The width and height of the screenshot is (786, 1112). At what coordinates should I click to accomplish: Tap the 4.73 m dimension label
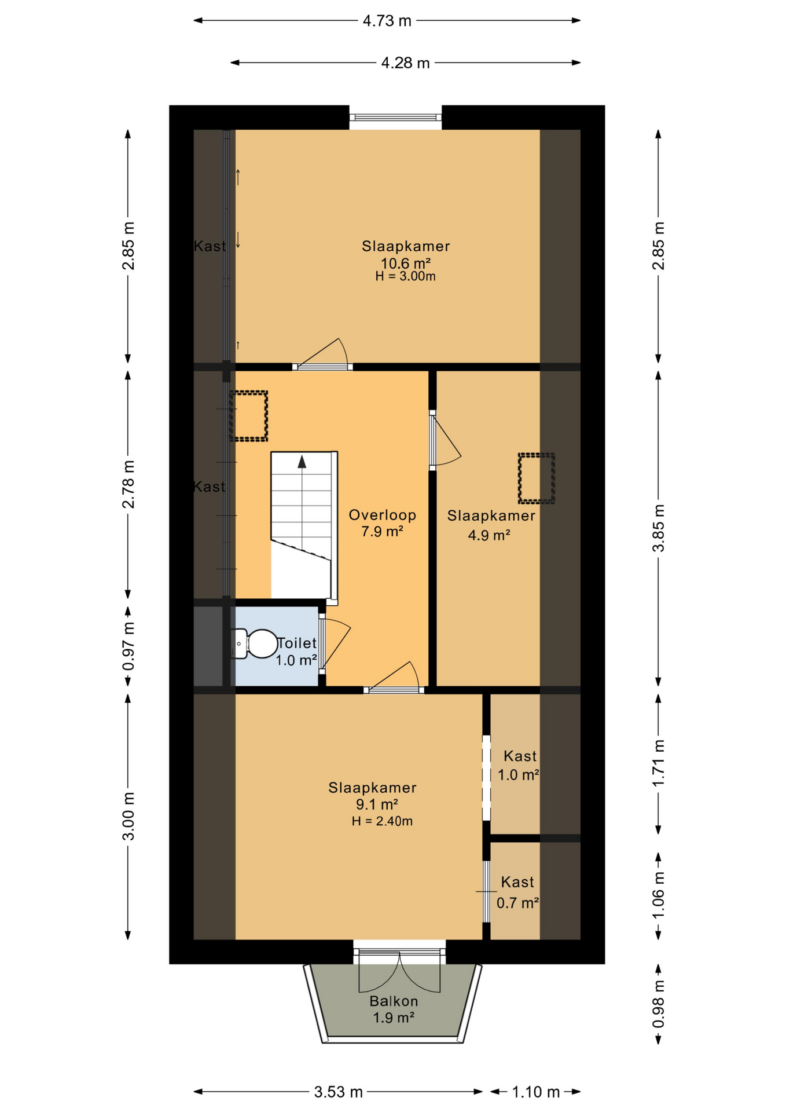point(387,21)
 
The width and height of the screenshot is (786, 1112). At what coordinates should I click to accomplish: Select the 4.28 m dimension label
point(405,63)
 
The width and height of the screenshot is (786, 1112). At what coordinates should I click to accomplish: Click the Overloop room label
point(382,515)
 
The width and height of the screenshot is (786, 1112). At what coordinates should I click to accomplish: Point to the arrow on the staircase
point(302,462)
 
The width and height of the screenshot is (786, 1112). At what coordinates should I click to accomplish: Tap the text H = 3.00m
point(405,276)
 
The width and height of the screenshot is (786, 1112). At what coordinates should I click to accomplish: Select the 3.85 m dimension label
point(658,528)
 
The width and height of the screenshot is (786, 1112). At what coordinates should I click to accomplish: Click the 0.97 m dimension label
point(128,646)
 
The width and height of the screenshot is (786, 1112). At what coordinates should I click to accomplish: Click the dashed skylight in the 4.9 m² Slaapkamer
point(536,478)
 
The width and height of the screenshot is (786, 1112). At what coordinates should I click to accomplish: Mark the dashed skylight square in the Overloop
point(249,416)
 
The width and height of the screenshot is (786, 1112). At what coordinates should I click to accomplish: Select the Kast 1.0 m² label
point(519,765)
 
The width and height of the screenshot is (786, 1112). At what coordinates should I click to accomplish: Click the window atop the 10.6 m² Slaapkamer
point(395,118)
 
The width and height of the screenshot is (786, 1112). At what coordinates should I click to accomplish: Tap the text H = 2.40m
point(382,821)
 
